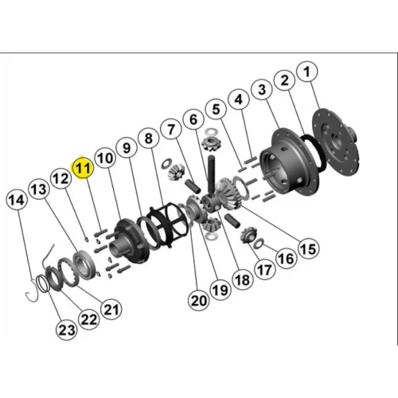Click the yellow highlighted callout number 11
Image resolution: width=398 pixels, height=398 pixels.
click(83, 168)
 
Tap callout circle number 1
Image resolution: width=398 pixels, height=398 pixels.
click(307, 72)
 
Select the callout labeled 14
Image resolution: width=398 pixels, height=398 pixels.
click(17, 200)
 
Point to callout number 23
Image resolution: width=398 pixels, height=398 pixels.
click(67, 330)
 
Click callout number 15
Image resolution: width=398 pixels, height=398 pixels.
click(308, 249)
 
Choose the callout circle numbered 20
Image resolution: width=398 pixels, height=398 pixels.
click(198, 301)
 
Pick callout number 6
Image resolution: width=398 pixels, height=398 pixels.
click(193, 119)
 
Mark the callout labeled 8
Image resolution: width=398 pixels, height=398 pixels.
click(149, 139)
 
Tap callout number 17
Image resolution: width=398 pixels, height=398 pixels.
click(264, 270)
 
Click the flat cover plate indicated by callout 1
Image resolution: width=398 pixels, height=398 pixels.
click(336, 142)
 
